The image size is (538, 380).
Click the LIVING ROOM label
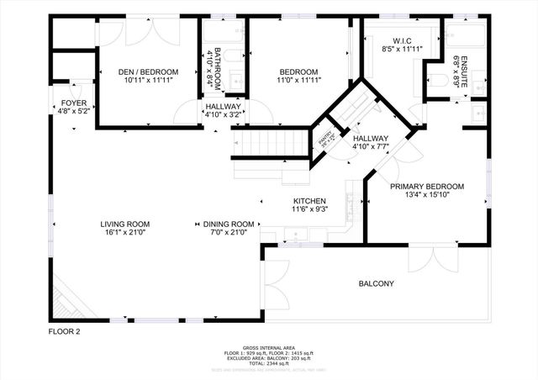125,224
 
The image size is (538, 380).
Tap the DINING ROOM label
229,224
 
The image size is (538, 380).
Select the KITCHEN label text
309,201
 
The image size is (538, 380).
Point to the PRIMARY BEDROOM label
427,186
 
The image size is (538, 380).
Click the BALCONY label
376,284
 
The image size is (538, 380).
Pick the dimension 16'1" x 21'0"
125,233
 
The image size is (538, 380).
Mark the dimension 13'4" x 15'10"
427,195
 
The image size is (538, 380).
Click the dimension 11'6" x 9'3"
309,210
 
